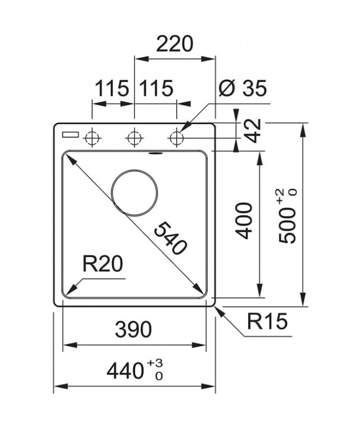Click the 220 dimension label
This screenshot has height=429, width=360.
coord(174,44)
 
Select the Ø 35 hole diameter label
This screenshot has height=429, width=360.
coord(242,88)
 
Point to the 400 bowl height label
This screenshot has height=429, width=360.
coord(243,221)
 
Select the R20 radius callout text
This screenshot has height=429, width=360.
coord(103,264)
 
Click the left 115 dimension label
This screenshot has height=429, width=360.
coord(112,88)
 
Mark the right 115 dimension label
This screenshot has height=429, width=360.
coord(156,88)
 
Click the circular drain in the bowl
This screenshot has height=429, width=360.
coord(135,192)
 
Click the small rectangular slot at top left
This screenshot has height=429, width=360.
coord(70,135)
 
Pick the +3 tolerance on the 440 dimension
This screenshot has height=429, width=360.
coord(155,363)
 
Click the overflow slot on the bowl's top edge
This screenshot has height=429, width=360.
coord(155,153)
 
